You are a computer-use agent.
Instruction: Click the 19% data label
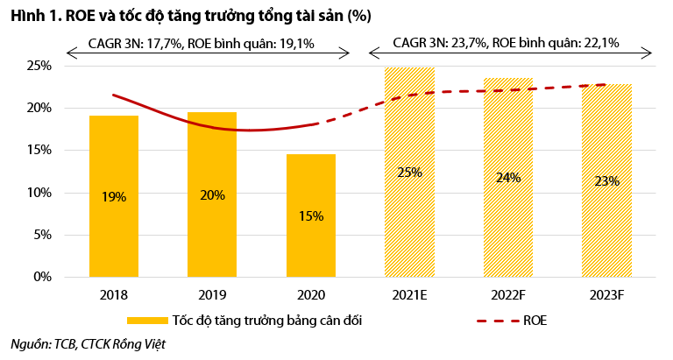[113, 197]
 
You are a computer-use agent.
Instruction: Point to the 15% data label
[310, 215]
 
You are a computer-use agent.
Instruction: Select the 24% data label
[508, 178]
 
